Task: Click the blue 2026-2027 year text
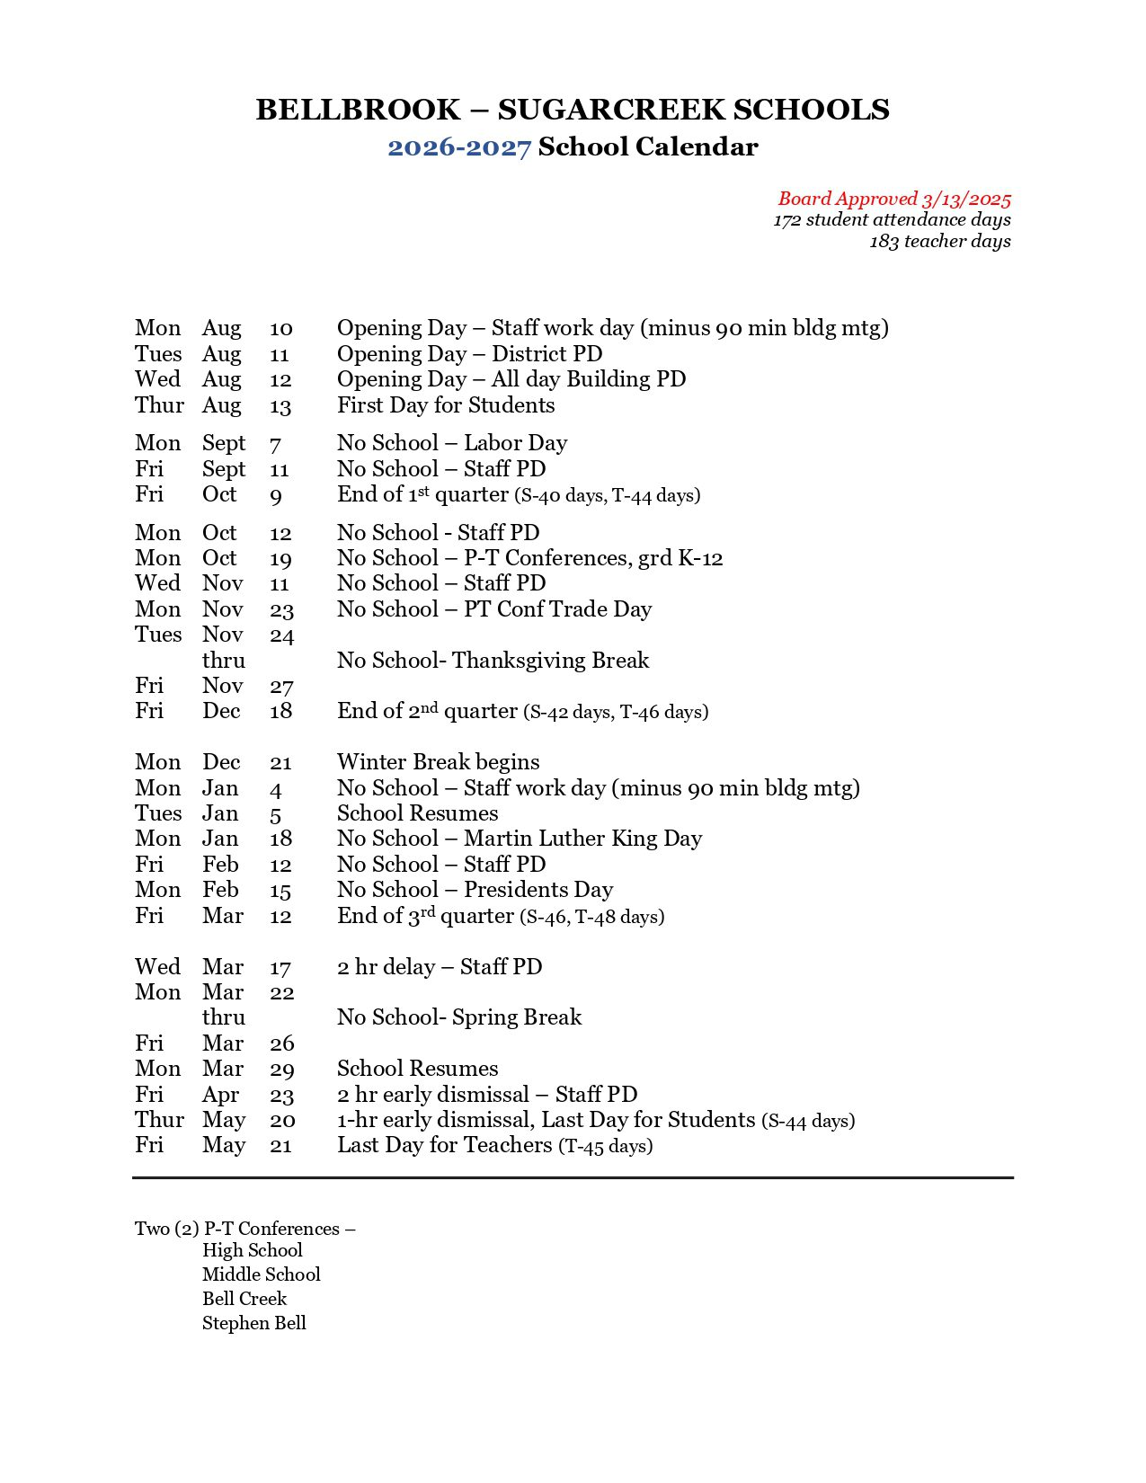click(459, 147)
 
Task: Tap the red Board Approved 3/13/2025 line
click(894, 199)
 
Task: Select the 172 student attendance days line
click(892, 220)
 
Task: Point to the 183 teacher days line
click(939, 242)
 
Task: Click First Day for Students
click(446, 405)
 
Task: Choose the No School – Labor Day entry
click(452, 443)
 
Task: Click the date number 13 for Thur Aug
click(280, 406)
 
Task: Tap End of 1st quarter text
click(422, 494)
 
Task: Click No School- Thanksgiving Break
click(493, 661)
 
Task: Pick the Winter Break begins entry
click(438, 762)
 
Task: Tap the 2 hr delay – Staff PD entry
click(440, 967)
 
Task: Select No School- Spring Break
click(459, 1017)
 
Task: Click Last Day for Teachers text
click(445, 1145)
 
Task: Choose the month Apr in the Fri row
click(220, 1095)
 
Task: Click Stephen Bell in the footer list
click(254, 1323)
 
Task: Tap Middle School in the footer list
click(261, 1274)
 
